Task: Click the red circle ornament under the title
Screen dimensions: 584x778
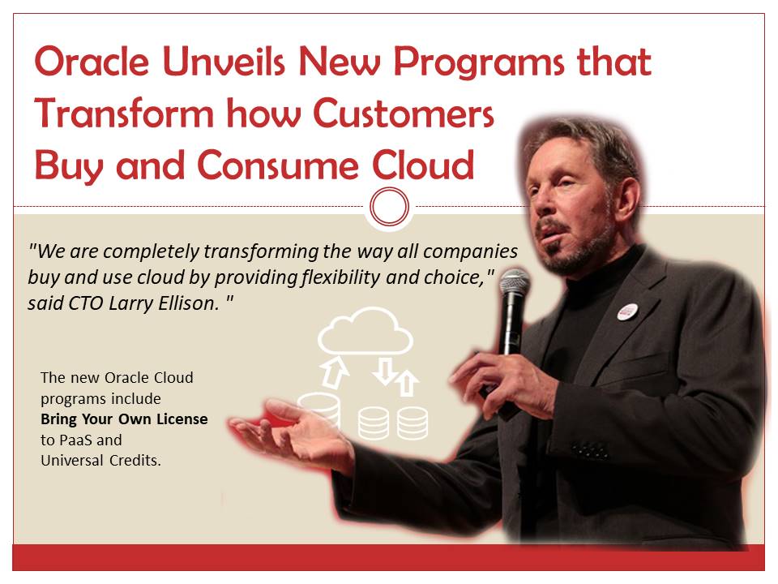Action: coord(389,207)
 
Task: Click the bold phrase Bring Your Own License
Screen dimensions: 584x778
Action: coord(124,419)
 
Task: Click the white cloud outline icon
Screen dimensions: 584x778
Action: coord(365,333)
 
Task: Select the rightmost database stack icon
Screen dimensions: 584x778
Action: coord(412,422)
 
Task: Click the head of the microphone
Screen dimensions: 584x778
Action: coord(514,286)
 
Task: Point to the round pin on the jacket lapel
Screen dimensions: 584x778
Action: coord(626,311)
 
